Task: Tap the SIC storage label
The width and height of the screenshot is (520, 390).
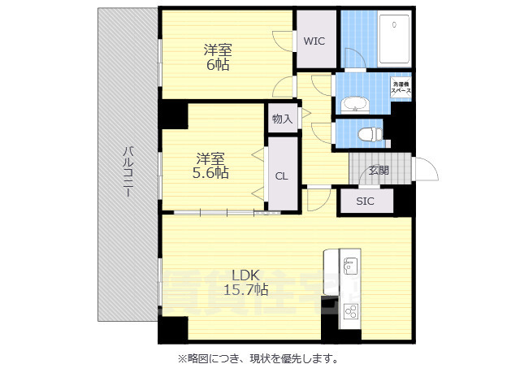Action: click(365, 201)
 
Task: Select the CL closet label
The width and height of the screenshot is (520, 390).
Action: click(280, 175)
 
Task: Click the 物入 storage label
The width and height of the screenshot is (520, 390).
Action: click(282, 119)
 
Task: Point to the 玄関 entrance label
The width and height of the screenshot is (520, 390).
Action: click(378, 170)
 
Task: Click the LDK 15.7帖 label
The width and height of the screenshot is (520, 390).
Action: click(240, 281)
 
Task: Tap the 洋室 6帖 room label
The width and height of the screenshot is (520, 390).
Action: click(216, 57)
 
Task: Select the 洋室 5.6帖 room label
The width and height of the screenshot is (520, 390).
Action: click(210, 165)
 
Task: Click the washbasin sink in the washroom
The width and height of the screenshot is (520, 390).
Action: click(354, 104)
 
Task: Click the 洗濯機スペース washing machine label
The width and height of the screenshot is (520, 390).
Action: click(401, 88)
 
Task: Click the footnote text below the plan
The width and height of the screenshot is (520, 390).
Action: click(258, 358)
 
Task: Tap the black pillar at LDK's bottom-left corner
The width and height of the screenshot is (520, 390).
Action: click(173, 329)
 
